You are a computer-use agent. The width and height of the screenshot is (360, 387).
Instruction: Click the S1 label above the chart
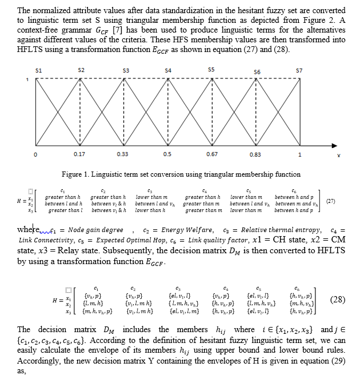click(x=38, y=70)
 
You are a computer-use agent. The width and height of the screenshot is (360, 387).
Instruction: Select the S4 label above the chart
click(x=168, y=70)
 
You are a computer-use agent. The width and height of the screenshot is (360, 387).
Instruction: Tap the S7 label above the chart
click(x=299, y=70)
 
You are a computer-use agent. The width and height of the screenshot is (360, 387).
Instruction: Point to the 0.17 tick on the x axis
click(x=80, y=154)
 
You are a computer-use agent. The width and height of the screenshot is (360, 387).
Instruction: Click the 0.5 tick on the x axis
click(x=167, y=154)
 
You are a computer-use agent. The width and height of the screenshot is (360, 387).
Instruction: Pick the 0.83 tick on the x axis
click(x=255, y=154)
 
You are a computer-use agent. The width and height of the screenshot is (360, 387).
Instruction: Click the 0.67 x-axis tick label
click(x=211, y=154)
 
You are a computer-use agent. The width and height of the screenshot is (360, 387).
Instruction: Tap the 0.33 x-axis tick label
click(x=123, y=154)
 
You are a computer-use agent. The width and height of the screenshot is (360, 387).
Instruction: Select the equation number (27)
click(x=330, y=201)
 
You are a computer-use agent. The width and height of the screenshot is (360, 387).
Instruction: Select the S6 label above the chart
click(x=257, y=72)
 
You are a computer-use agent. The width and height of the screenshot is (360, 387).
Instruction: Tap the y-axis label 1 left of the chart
click(x=26, y=79)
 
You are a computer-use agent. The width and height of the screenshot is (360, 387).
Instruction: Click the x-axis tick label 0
click(x=36, y=154)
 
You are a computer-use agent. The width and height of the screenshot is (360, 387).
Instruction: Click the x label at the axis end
click(x=338, y=155)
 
